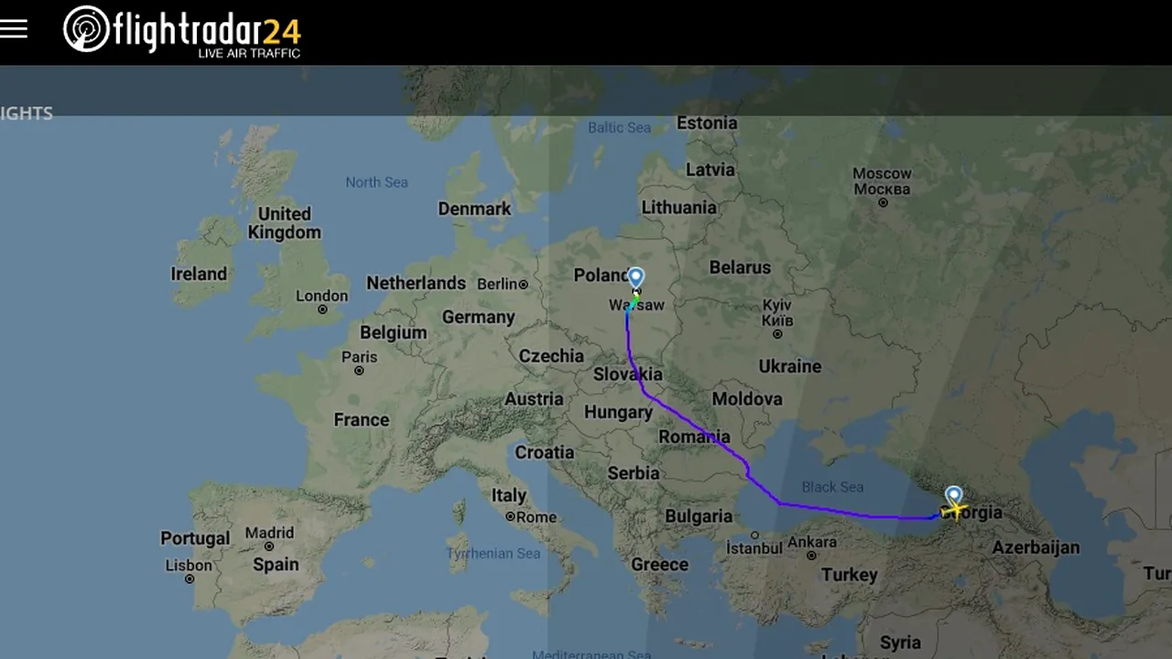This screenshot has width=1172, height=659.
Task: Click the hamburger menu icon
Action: [14, 29]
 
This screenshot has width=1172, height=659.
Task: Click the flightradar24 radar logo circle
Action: [86, 29]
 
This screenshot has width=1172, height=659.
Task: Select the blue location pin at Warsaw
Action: [635, 276]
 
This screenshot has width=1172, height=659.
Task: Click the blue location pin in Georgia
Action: [954, 495]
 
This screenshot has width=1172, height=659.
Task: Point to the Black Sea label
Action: [832, 487]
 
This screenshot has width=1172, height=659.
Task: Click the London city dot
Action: [322, 309]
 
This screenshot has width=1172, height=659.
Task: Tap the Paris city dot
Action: [359, 371]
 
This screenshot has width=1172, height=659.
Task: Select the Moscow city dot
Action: [883, 202]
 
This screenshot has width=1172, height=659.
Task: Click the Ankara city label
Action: [811, 542]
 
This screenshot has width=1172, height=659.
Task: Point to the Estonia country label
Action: [706, 123]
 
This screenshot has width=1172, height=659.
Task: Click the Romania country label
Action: [694, 437]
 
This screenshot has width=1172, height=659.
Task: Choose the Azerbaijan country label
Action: [1036, 547]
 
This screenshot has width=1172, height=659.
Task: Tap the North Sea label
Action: [376, 182]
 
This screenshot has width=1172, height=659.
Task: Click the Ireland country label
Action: [199, 274]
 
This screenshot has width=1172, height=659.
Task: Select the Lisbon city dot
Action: [190, 579]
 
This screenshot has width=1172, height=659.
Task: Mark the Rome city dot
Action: [510, 517]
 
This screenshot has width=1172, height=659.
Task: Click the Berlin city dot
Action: [524, 285]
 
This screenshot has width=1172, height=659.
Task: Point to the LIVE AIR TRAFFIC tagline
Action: [249, 54]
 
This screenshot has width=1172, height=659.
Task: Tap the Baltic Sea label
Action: [619, 127]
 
